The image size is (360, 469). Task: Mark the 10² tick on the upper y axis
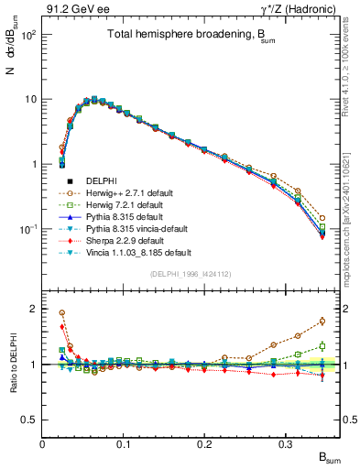pos(27,35)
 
